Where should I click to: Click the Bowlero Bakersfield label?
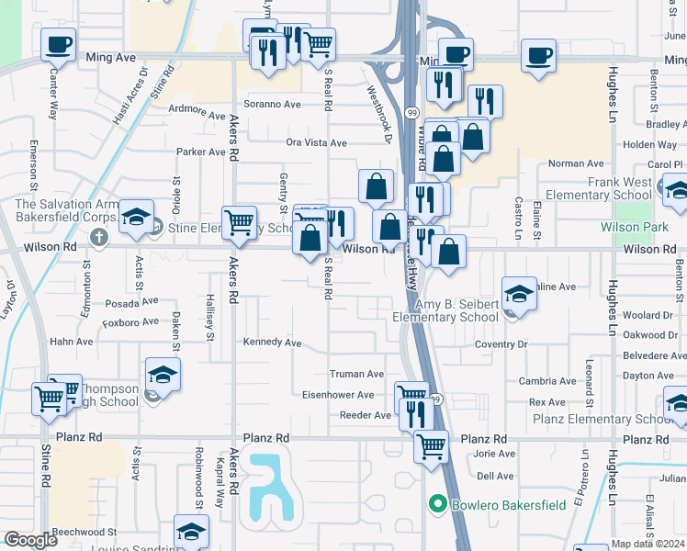pos(501,503)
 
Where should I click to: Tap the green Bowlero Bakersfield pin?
pos(437,503)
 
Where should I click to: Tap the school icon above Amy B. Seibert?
pos(519,294)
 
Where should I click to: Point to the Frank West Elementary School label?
pos(598,188)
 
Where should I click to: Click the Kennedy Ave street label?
pos(272,343)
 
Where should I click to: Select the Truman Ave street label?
pos(356,374)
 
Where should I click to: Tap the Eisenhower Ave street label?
pos(339,395)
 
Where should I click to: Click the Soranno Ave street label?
pos(272,104)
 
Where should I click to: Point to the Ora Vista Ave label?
pos(316,143)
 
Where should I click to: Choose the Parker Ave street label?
pos(201,152)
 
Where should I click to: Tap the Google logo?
pos(31,540)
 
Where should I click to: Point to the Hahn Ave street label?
pos(71,342)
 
